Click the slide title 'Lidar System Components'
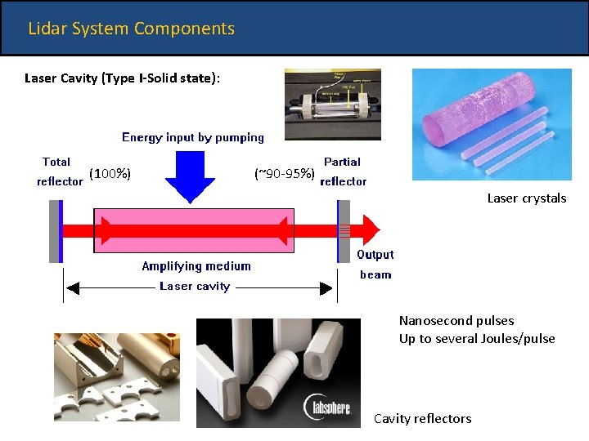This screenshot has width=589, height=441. tap(131, 29)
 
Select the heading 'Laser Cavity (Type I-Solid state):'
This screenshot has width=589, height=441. tap(122, 78)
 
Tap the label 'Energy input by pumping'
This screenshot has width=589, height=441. tap(193, 137)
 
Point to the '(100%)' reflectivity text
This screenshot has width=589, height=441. tap(110, 173)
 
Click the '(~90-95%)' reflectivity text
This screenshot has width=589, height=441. tap(285, 173)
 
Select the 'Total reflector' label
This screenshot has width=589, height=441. tap(59, 171)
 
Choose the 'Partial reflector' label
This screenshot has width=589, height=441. tap(343, 171)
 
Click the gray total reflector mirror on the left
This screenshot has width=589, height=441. tap(55, 230)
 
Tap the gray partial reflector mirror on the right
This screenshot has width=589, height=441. tap(344, 230)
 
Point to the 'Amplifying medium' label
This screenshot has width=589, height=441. tap(196, 266)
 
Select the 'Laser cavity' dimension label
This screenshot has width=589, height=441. tap(195, 287)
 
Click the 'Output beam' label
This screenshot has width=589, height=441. tap(375, 265)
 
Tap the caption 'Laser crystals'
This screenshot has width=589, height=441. tap(526, 198)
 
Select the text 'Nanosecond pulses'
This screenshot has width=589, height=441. tap(456, 321)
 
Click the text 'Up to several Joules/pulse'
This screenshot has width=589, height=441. tap(477, 339)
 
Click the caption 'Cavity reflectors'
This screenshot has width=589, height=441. tap(422, 419)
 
